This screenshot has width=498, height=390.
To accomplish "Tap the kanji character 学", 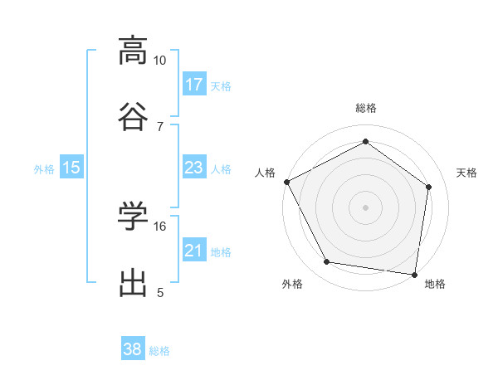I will coord(133,215).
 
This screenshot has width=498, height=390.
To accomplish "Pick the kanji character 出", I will coord(133,280).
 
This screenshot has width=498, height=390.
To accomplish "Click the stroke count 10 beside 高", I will coord(159,61).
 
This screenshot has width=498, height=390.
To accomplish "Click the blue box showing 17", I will coord(194,85).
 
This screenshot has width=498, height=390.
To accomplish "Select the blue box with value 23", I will coord(194,168).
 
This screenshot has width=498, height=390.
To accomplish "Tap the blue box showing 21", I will coord(194,251).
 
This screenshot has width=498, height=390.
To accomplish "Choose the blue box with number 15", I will coord(71,168).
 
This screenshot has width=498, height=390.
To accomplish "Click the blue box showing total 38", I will coord(133,349).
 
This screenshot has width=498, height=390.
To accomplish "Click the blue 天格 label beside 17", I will coord(221,86).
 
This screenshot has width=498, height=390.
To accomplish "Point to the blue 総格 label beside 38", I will coord(159,351).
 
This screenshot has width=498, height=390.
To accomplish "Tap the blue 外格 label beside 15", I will coord(44,169).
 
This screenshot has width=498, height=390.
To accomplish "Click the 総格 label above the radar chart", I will coord(366,108).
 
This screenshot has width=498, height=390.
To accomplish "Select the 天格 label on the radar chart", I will coord(467,173).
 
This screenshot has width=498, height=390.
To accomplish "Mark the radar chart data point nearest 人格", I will coord(286,182).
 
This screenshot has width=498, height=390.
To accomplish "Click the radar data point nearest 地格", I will coord(415,274).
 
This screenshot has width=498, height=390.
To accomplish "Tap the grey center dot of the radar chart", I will coord(366,207).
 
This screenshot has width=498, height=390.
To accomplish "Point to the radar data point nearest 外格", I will coord(327,262).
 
